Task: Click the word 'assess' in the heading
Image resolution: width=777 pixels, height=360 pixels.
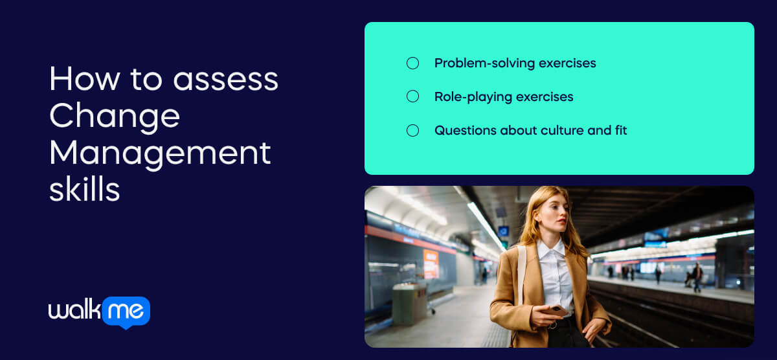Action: pos(225,79)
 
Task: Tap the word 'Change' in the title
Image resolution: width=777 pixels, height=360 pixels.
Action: pos(115,116)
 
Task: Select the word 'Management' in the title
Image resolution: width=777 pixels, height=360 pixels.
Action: pos(160,153)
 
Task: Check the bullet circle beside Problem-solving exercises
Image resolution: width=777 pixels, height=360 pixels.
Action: pos(412,63)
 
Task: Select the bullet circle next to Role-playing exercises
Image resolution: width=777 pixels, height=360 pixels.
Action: pos(412,96)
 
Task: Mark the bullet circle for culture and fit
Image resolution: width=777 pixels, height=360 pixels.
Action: pos(412,130)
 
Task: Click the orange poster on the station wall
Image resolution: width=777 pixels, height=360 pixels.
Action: pos(431,264)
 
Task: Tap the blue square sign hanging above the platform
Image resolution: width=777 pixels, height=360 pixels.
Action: pos(503,231)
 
